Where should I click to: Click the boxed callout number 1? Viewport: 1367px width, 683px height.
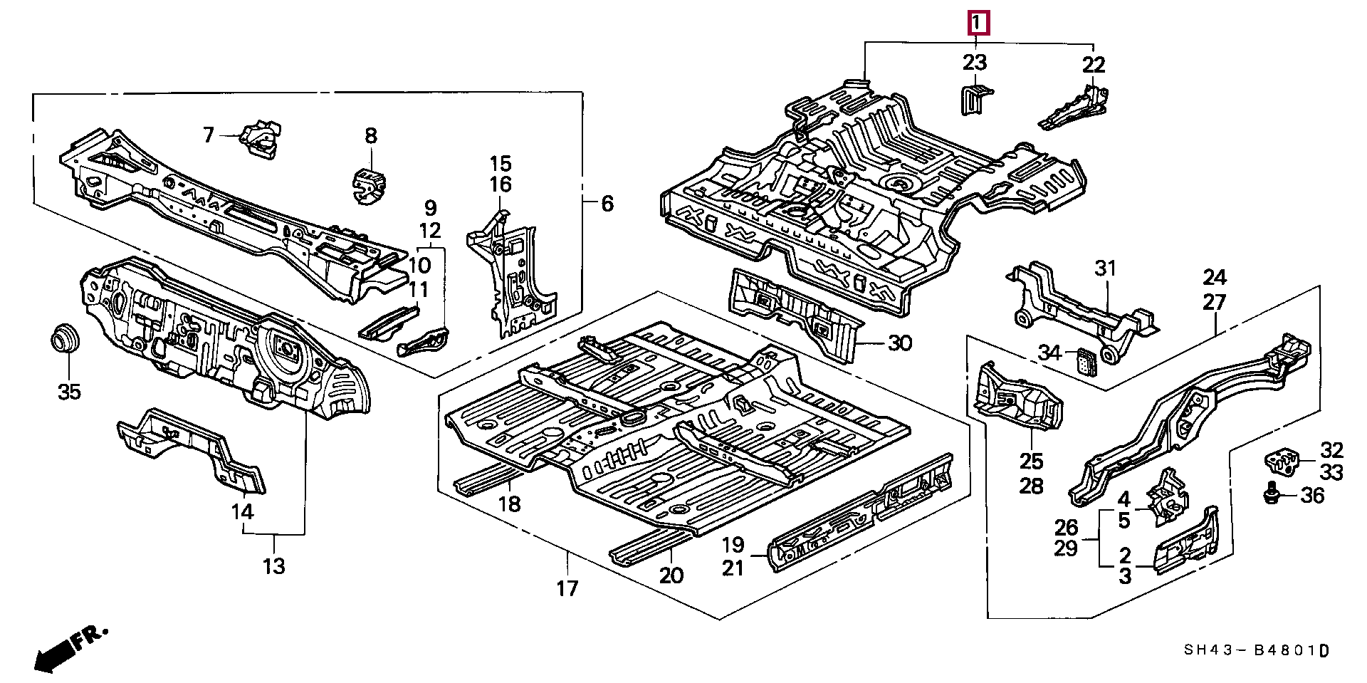click(x=978, y=24)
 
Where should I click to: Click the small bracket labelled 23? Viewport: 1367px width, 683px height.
click(x=973, y=98)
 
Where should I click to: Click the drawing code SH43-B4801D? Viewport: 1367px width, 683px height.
click(x=1257, y=650)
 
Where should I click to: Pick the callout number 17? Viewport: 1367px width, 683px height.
click(x=567, y=588)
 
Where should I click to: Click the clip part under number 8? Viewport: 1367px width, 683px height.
click(x=368, y=185)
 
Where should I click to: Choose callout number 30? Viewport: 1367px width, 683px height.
click(x=900, y=343)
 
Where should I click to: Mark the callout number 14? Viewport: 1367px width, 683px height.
click(x=242, y=511)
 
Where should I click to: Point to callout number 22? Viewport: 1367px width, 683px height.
click(x=1094, y=65)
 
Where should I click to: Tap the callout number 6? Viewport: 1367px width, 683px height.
click(x=607, y=204)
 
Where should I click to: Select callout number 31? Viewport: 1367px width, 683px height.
click(x=1105, y=268)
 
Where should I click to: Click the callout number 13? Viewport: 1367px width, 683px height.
click(x=274, y=566)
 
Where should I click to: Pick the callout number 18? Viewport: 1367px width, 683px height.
click(x=510, y=504)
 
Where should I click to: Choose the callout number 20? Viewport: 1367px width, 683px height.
click(x=671, y=575)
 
